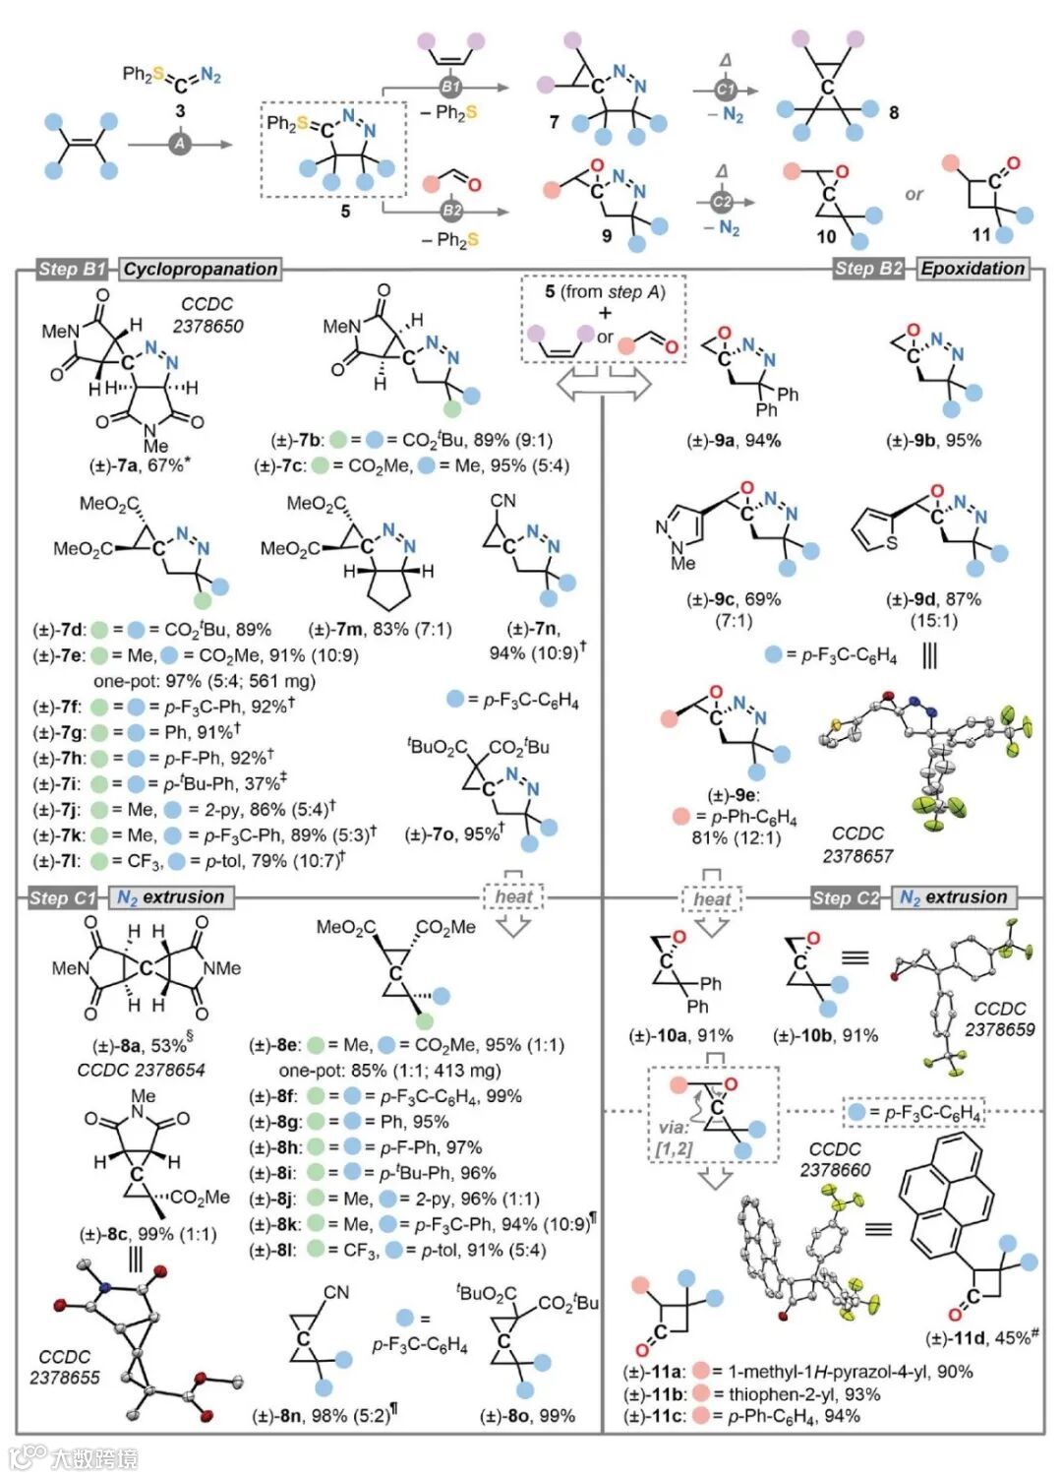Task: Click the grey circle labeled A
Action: click(x=180, y=144)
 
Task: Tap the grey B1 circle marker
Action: click(x=450, y=87)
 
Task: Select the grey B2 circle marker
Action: click(x=451, y=210)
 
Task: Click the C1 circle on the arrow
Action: click(x=726, y=90)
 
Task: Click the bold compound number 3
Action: click(x=180, y=111)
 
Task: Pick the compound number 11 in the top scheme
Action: click(x=981, y=234)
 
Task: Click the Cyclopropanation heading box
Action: click(x=201, y=269)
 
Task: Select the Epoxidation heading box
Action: click(x=973, y=269)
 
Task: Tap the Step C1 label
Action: click(x=63, y=897)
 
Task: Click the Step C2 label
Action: click(x=846, y=897)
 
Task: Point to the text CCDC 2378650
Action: click(x=207, y=315)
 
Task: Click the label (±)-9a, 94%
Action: click(x=733, y=440)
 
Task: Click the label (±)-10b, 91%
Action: click(x=825, y=1035)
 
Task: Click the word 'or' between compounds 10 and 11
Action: click(x=914, y=194)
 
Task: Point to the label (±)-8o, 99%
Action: click(x=526, y=1416)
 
